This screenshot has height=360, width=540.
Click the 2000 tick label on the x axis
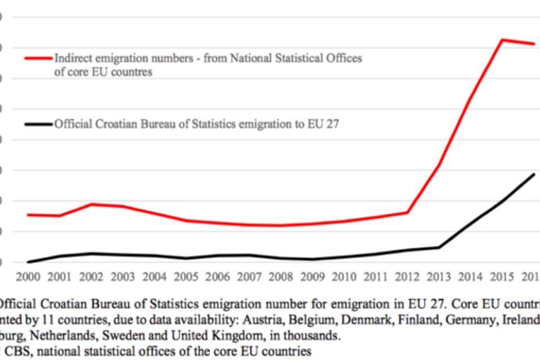tap(28, 277)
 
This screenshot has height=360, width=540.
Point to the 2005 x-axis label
tap(186, 277)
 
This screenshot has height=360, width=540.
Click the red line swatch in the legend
tap(38, 58)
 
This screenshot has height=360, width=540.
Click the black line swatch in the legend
tap(38, 124)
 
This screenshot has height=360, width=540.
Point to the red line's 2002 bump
tap(91, 204)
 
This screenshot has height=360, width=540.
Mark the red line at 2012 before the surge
tap(407, 213)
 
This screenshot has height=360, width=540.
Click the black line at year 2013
tap(439, 247)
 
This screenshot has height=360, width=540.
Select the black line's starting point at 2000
tap(28, 262)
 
